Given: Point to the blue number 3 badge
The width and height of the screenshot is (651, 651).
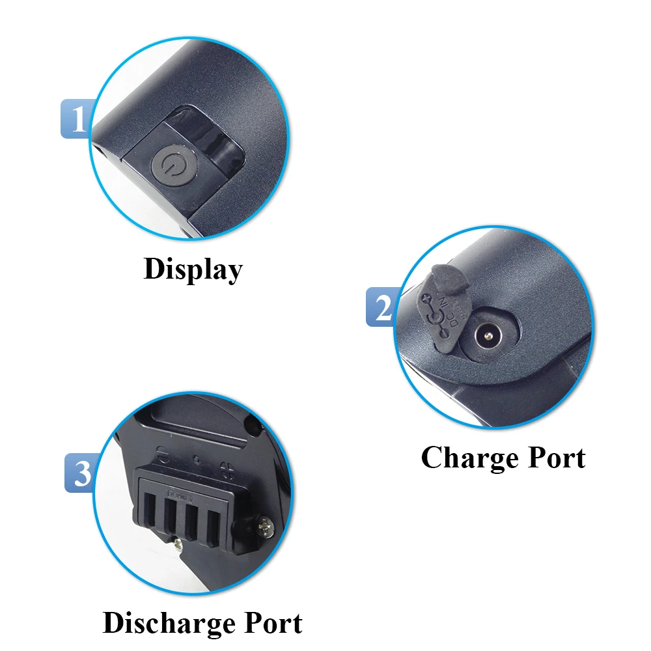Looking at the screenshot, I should point(82,473).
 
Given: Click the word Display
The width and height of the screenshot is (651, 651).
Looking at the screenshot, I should point(193,269).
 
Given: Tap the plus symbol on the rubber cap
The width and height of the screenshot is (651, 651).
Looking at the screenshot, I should point(426,301).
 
